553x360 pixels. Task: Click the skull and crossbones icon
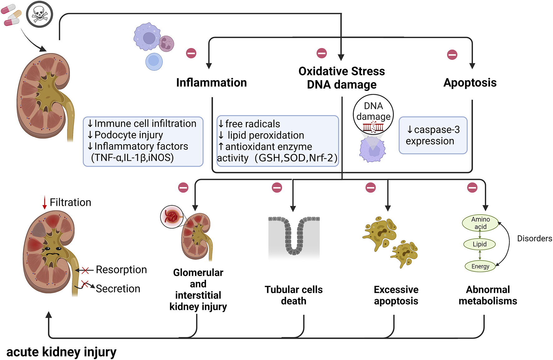pos(39,14)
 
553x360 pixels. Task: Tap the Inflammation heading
pos(211,83)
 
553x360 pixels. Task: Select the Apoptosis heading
pos(470,83)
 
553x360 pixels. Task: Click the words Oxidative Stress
pos(341,71)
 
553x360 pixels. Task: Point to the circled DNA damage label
pos(373,111)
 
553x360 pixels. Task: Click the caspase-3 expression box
pos(433,135)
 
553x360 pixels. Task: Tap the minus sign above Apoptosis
pos(452,55)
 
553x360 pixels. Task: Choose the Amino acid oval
pos(480,223)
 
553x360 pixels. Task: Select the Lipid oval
pos(479,244)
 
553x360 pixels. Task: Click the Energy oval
pos(480,266)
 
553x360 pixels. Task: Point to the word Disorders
pos(534,239)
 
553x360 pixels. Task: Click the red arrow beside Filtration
pos(45,202)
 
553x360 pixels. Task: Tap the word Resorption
pos(121,270)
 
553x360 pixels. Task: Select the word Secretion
pos(118,289)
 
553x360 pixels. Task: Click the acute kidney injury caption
pos(61,352)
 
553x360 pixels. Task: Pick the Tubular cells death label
pos(293,295)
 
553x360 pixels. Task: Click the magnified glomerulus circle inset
pos(172,216)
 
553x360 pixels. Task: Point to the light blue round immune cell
pos(154,62)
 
